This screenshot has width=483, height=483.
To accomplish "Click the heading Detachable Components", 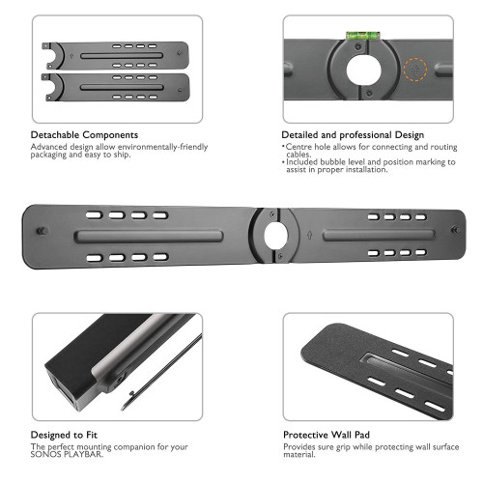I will [84, 134].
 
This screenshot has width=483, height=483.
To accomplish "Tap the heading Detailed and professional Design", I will [353, 134].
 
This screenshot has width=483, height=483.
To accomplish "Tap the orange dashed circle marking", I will [417, 70].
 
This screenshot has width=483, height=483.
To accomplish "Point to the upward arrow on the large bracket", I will [306, 234].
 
